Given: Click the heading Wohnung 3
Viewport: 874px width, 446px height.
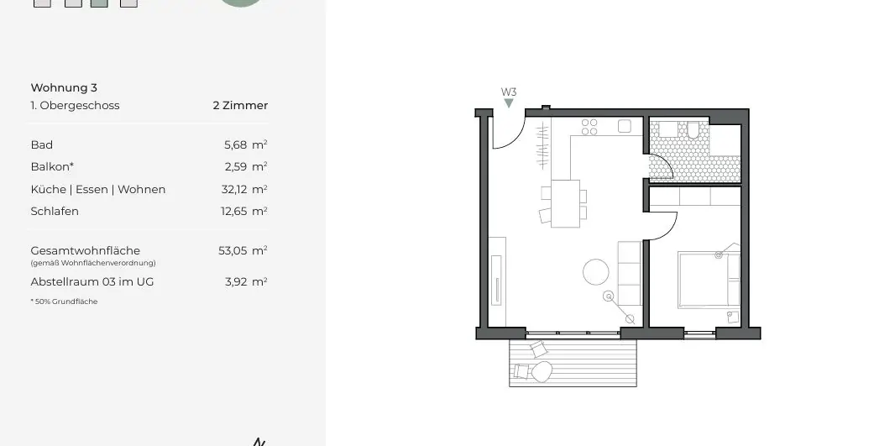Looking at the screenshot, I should (x=64, y=87).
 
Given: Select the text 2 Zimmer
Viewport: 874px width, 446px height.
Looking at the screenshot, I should (x=240, y=106).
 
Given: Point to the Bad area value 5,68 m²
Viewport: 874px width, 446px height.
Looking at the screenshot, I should (x=245, y=144).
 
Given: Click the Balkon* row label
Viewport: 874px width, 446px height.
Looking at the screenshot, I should (x=50, y=166).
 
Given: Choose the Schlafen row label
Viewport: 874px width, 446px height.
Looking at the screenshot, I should (x=55, y=211).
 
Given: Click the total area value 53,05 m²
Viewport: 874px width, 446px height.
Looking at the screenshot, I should (x=243, y=250).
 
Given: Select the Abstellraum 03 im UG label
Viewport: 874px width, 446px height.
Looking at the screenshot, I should (x=92, y=281).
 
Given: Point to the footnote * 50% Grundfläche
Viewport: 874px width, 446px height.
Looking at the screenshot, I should (x=64, y=302).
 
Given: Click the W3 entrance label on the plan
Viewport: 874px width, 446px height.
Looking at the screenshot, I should (x=509, y=92).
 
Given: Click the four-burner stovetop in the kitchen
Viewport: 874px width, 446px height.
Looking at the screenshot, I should (x=589, y=127).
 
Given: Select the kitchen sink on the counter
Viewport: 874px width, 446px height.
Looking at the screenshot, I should (x=625, y=126).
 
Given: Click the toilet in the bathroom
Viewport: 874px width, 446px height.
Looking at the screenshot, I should (x=693, y=130).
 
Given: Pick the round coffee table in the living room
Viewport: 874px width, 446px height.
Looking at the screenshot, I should (x=596, y=272).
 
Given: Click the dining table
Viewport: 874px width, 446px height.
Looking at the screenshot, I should (x=565, y=203).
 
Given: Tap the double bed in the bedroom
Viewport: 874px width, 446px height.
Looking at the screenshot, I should (x=708, y=280).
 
